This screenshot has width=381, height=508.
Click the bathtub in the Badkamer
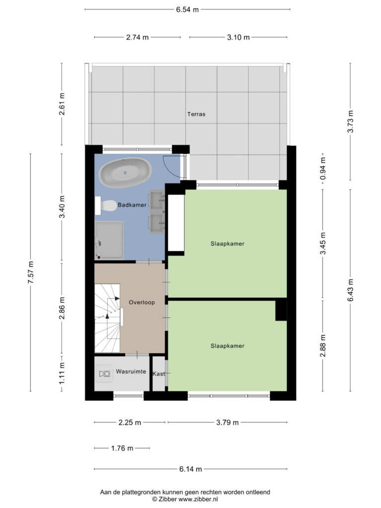coord(125,172)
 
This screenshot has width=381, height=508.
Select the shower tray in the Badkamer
coord(109,241)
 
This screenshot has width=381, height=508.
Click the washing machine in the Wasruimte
coord(105,374)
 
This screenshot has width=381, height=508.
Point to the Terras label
coord(196,114)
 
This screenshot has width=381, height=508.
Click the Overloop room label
coord(142,302)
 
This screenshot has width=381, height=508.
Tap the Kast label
coord(159,374)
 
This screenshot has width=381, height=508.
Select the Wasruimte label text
coord(131,371)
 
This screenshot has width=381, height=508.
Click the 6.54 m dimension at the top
coord(187,9)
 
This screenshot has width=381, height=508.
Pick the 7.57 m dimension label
coord(31,272)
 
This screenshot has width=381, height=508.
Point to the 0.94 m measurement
coord(322,169)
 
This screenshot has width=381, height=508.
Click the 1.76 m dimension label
coord(122,448)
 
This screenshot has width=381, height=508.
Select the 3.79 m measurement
coord(227,423)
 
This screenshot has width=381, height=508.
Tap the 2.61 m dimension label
coord(62,104)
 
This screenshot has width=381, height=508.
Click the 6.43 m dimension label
coord(351,290)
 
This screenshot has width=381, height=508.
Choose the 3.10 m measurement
coord(238,37)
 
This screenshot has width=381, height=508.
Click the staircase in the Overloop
coord(108,318)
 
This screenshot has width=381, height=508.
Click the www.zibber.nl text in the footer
coord(198,499)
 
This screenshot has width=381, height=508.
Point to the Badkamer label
coord(132,205)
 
